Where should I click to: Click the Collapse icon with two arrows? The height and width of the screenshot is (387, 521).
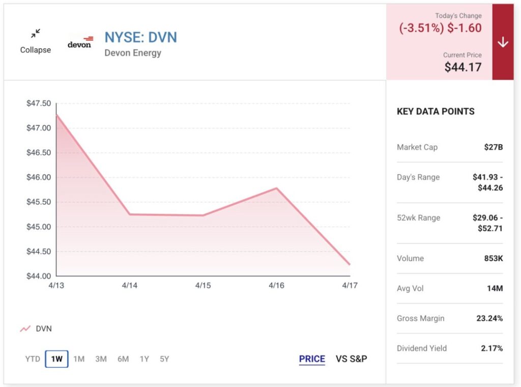click(35, 34)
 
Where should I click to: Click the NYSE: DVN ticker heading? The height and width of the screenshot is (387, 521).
click(141, 37)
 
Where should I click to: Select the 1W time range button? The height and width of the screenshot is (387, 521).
click(56, 359)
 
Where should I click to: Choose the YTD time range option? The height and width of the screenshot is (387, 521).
click(33, 359)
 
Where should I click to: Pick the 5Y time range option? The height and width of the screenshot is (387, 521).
click(164, 359)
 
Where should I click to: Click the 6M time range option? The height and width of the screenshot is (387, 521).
click(123, 359)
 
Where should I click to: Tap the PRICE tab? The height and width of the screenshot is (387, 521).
click(312, 359)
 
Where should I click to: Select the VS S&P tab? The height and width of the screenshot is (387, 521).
click(352, 359)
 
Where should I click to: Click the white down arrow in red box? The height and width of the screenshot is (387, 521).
click(503, 43)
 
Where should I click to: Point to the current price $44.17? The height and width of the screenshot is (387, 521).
click(462, 67)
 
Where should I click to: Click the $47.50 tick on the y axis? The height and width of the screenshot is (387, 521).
click(39, 103)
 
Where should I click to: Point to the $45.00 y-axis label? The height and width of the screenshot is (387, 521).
click(39, 227)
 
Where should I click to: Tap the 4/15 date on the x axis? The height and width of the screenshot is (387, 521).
click(203, 286)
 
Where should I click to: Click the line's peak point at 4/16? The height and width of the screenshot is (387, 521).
click(277, 188)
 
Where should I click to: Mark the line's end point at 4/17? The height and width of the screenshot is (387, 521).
click(350, 264)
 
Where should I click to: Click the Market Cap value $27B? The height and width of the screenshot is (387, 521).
click(493, 147)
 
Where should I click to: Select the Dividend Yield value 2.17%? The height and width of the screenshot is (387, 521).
click(492, 348)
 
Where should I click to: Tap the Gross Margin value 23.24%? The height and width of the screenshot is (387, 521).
click(490, 318)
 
